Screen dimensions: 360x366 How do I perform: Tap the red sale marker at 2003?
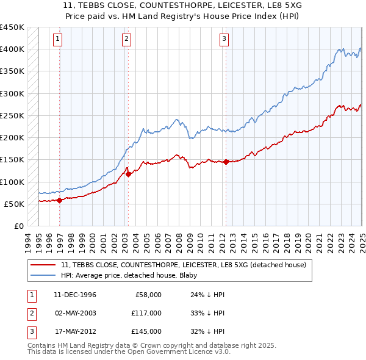[128, 175]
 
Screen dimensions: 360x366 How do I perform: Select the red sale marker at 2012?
[226, 162]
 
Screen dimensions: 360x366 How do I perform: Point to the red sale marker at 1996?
[60, 200]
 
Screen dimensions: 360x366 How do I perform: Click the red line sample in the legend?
[44, 264]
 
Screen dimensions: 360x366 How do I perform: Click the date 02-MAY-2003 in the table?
[75, 313]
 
